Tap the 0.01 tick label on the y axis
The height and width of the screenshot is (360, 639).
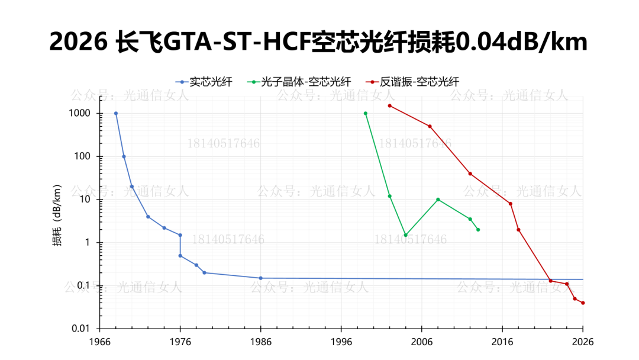(81, 329)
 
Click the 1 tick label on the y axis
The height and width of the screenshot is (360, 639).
(88, 243)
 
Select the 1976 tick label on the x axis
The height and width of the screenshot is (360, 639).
(180, 342)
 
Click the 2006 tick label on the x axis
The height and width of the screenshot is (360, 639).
(421, 342)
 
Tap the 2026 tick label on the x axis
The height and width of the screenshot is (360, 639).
(582, 342)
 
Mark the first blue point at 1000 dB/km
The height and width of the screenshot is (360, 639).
(116, 113)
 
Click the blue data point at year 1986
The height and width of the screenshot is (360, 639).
(260, 278)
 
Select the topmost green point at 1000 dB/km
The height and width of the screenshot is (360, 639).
(366, 113)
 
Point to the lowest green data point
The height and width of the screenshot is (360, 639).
(405, 235)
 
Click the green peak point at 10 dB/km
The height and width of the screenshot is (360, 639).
(438, 200)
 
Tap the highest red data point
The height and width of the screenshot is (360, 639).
(389, 106)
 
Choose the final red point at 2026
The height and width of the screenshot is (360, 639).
(583, 303)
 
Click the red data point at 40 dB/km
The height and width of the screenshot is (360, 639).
(470, 173)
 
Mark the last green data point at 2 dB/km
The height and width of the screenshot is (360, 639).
(478, 230)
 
